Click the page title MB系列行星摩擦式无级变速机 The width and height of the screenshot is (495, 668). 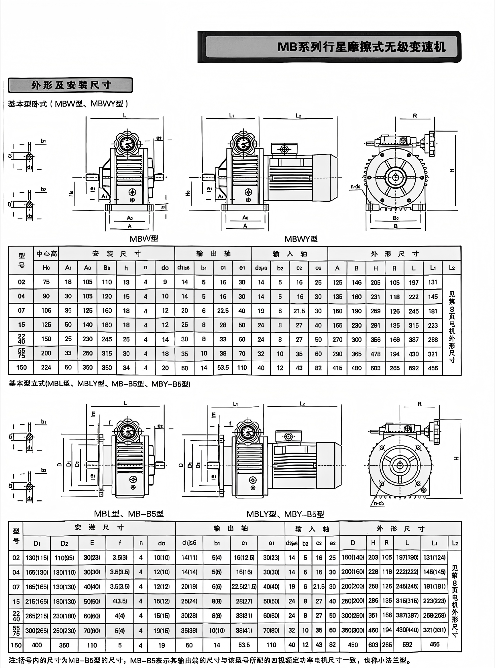coord(361,47)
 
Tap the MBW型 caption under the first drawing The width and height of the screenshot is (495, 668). coord(144,239)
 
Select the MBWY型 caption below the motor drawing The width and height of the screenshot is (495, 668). coord(301,239)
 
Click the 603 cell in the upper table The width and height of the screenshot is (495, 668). coord(375,368)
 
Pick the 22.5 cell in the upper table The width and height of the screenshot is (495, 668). coord(223,311)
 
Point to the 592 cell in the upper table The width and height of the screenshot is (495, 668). coord(413,368)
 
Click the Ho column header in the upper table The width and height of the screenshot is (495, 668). coord(46,268)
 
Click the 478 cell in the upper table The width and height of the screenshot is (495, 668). coord(375,354)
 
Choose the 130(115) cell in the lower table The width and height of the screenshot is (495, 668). coord(37,558)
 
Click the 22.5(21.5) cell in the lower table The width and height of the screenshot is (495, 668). coord(244,587)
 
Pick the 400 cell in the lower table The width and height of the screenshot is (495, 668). coord(37,645)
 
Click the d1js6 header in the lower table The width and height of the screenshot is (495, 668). coord(189,543)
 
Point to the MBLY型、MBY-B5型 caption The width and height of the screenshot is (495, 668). coord(285,514)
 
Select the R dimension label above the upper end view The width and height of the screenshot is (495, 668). coord(415,116)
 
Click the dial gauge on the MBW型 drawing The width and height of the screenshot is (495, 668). coord(128,144)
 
